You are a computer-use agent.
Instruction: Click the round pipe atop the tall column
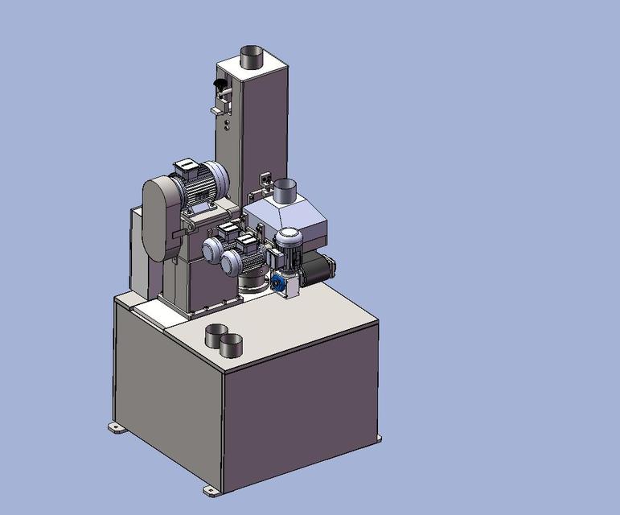tap(253, 57)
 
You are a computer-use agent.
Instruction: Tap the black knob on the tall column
tap(218, 84)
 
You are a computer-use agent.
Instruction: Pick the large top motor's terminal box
tap(189, 168)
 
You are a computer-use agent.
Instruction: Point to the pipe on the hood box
tap(285, 192)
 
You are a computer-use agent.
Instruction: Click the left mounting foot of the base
tap(117, 427)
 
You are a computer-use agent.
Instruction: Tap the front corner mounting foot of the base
tap(211, 489)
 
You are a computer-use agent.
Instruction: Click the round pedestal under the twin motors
tap(252, 282)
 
